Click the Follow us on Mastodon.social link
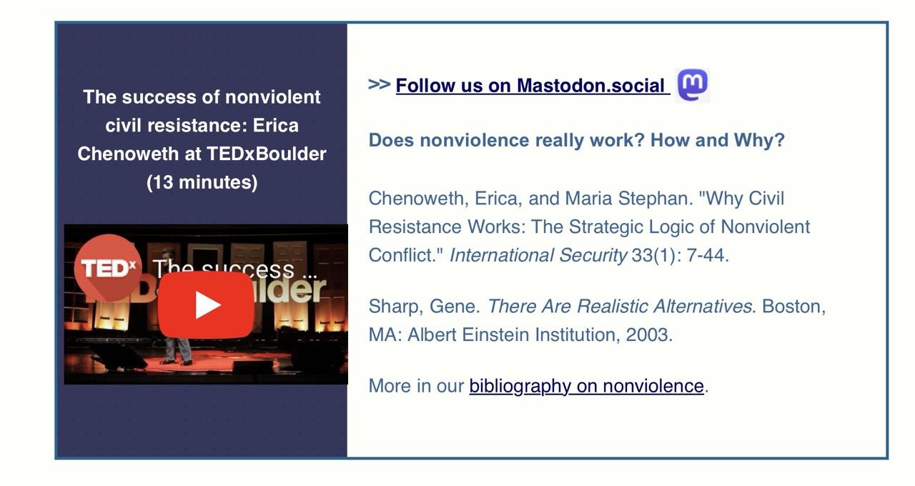point(533,86)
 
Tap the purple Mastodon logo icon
point(693,85)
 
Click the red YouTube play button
point(205,304)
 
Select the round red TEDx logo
point(108,268)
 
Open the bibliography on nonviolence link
point(587,386)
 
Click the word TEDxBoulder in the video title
point(267,154)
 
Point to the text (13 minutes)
point(202,182)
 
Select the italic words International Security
point(538,255)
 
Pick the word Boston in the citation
point(791,307)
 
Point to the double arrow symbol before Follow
point(379,84)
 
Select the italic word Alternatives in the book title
point(702,307)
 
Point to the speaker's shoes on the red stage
point(176,362)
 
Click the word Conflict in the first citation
point(401,255)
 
